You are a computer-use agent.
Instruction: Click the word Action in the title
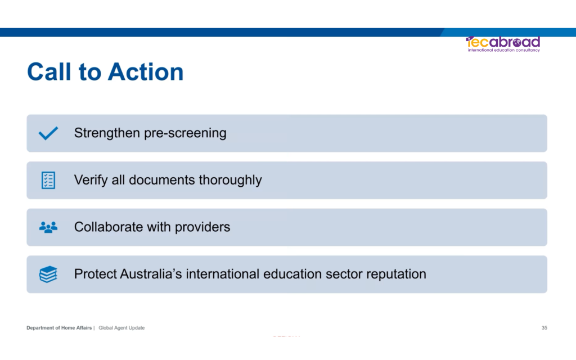(x=146, y=71)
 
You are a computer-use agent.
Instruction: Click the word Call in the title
(x=49, y=71)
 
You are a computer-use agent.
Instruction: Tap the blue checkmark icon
(x=48, y=133)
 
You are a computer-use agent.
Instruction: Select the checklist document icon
(x=48, y=181)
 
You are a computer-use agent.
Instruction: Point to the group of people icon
(x=48, y=227)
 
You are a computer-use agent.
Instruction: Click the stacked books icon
(x=48, y=274)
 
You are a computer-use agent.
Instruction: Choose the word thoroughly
(x=230, y=181)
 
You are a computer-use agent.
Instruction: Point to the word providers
(x=202, y=228)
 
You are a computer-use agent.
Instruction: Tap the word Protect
(x=95, y=274)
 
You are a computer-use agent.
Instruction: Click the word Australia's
(x=151, y=274)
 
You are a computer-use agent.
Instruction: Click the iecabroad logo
(x=503, y=44)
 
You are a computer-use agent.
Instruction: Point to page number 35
(x=544, y=328)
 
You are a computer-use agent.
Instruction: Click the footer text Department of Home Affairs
(x=59, y=328)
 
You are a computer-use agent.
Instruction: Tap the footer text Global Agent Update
(x=121, y=328)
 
